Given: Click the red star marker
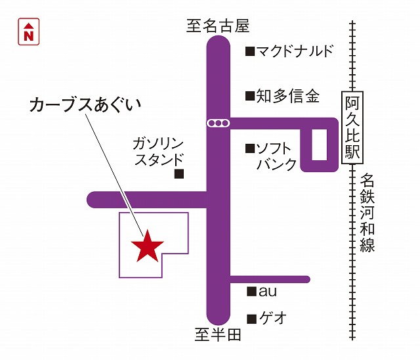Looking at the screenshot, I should [x=147, y=246].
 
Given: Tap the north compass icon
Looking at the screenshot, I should [x=28, y=32].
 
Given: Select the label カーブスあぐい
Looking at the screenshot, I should [x=85, y=105].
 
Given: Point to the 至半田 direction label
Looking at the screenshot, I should [x=219, y=335].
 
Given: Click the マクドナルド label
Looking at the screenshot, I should [x=295, y=51].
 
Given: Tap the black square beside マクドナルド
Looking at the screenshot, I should [x=249, y=51].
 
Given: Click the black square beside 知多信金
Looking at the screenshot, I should [x=249, y=97].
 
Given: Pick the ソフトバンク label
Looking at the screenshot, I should [x=276, y=156].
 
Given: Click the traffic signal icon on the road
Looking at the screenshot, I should [x=217, y=123].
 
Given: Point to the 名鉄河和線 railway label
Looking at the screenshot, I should [x=367, y=213].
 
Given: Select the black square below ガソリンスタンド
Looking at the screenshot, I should [x=178, y=174].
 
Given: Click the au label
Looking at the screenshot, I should [x=268, y=291].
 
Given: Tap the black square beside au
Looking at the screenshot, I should [x=250, y=291].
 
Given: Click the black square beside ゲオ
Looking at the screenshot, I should [x=250, y=318].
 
